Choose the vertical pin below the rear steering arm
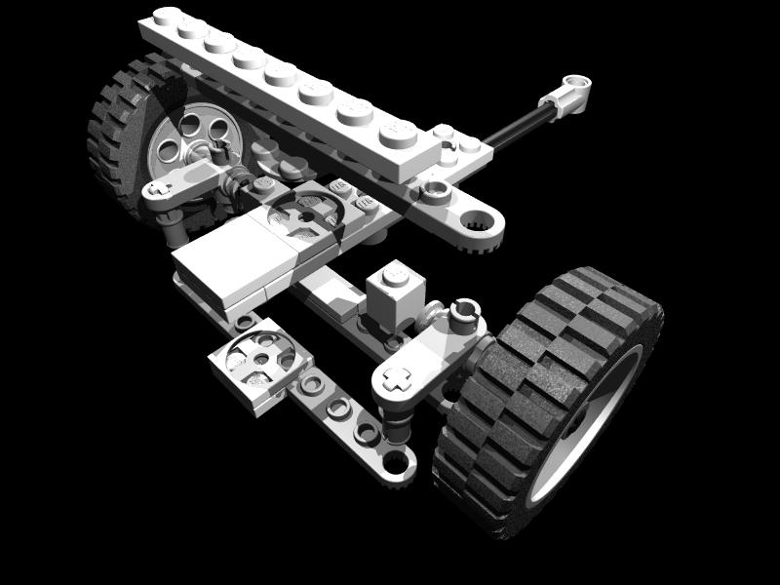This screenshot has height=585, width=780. (175, 231)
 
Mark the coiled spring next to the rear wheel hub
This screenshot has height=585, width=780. (237, 179)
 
